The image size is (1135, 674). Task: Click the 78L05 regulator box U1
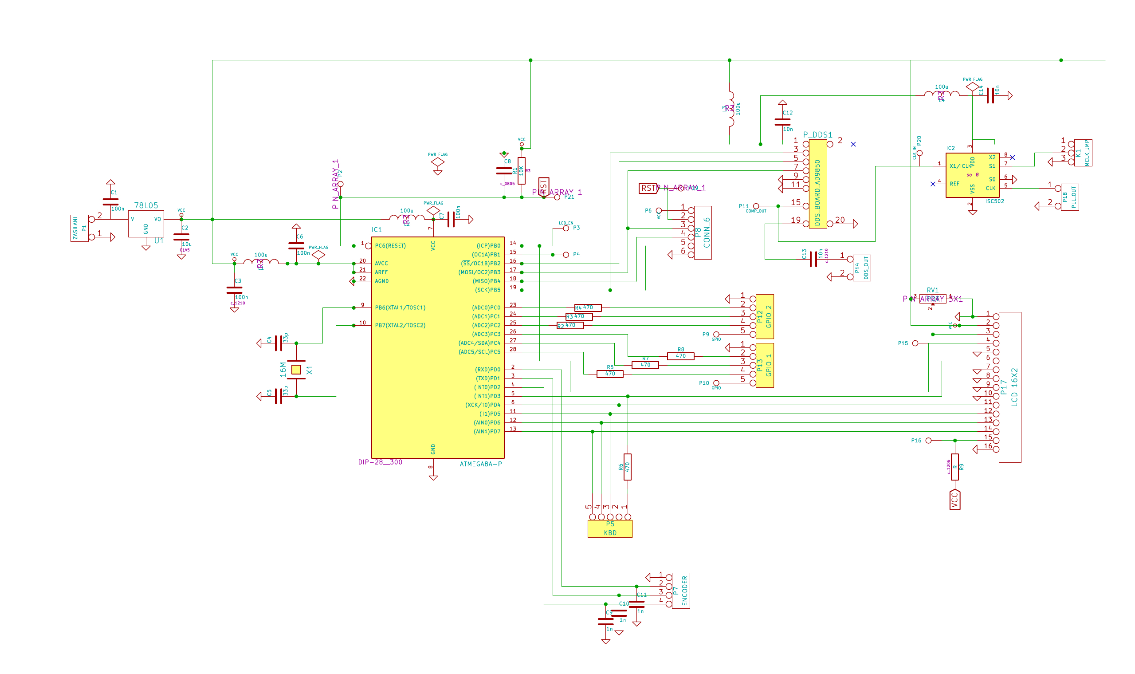point(146,224)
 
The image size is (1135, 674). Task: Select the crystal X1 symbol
point(296,370)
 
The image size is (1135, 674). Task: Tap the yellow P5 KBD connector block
point(610,528)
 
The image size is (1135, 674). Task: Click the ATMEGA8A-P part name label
point(481,464)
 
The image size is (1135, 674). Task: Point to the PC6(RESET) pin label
point(390,246)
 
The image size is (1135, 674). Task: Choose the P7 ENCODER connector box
point(680,591)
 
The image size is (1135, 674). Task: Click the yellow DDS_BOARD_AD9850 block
point(818,184)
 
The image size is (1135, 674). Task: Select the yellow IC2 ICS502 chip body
point(972,175)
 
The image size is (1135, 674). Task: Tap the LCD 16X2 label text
point(1015,387)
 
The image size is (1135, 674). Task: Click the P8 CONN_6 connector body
point(703,233)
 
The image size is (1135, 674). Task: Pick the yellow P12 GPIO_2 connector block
point(765,316)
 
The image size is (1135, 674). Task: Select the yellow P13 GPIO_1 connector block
point(765,365)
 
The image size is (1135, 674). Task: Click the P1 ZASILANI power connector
point(79,228)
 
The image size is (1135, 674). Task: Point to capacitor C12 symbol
point(782,122)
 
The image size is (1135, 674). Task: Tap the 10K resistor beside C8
point(522,171)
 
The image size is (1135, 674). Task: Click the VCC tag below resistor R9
point(955,500)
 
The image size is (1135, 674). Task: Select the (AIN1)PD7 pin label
point(487,431)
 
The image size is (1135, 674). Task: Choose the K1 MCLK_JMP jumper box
point(1083,153)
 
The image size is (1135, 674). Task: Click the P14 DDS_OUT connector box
point(862,268)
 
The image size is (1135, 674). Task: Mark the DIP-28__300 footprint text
point(380,462)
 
